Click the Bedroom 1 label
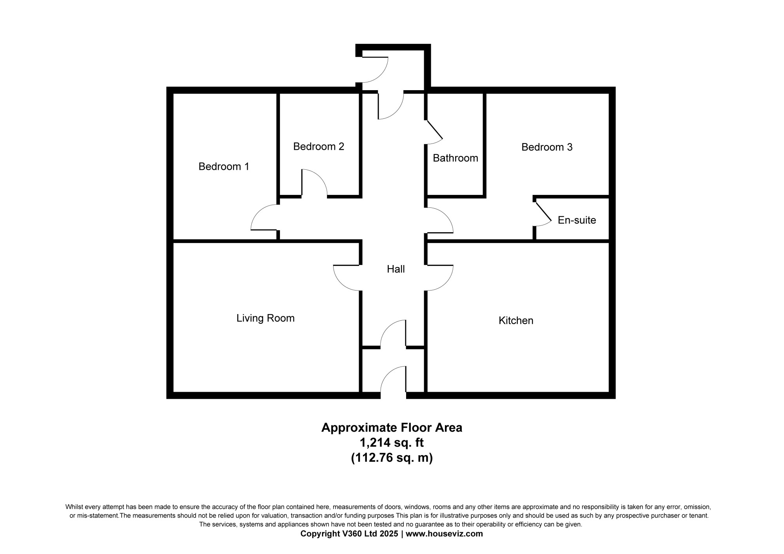coord(224,167)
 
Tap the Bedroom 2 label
coord(319,147)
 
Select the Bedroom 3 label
coord(547,147)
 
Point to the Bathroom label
coord(456,158)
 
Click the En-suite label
coord(577,220)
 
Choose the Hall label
coord(396,269)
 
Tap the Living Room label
coord(265,318)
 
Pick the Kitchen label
coord(516,320)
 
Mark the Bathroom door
coord(434,129)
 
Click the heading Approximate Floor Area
coord(392,427)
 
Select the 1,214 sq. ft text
coord(392,443)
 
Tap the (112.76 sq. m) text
coord(392,458)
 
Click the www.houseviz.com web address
coord(444,534)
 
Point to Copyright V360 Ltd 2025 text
coord(349,534)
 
